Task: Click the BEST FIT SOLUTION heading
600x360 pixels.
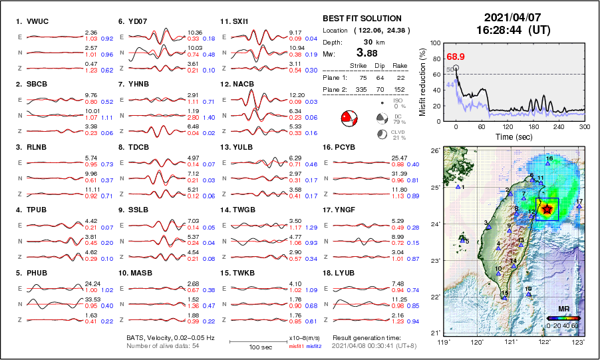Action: (362, 19)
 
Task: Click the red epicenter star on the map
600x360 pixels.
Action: (547, 209)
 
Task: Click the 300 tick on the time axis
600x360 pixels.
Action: (585, 126)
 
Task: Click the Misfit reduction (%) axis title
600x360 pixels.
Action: (423, 82)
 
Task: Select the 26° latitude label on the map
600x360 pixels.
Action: (434, 151)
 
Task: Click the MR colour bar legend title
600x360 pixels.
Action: (563, 309)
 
